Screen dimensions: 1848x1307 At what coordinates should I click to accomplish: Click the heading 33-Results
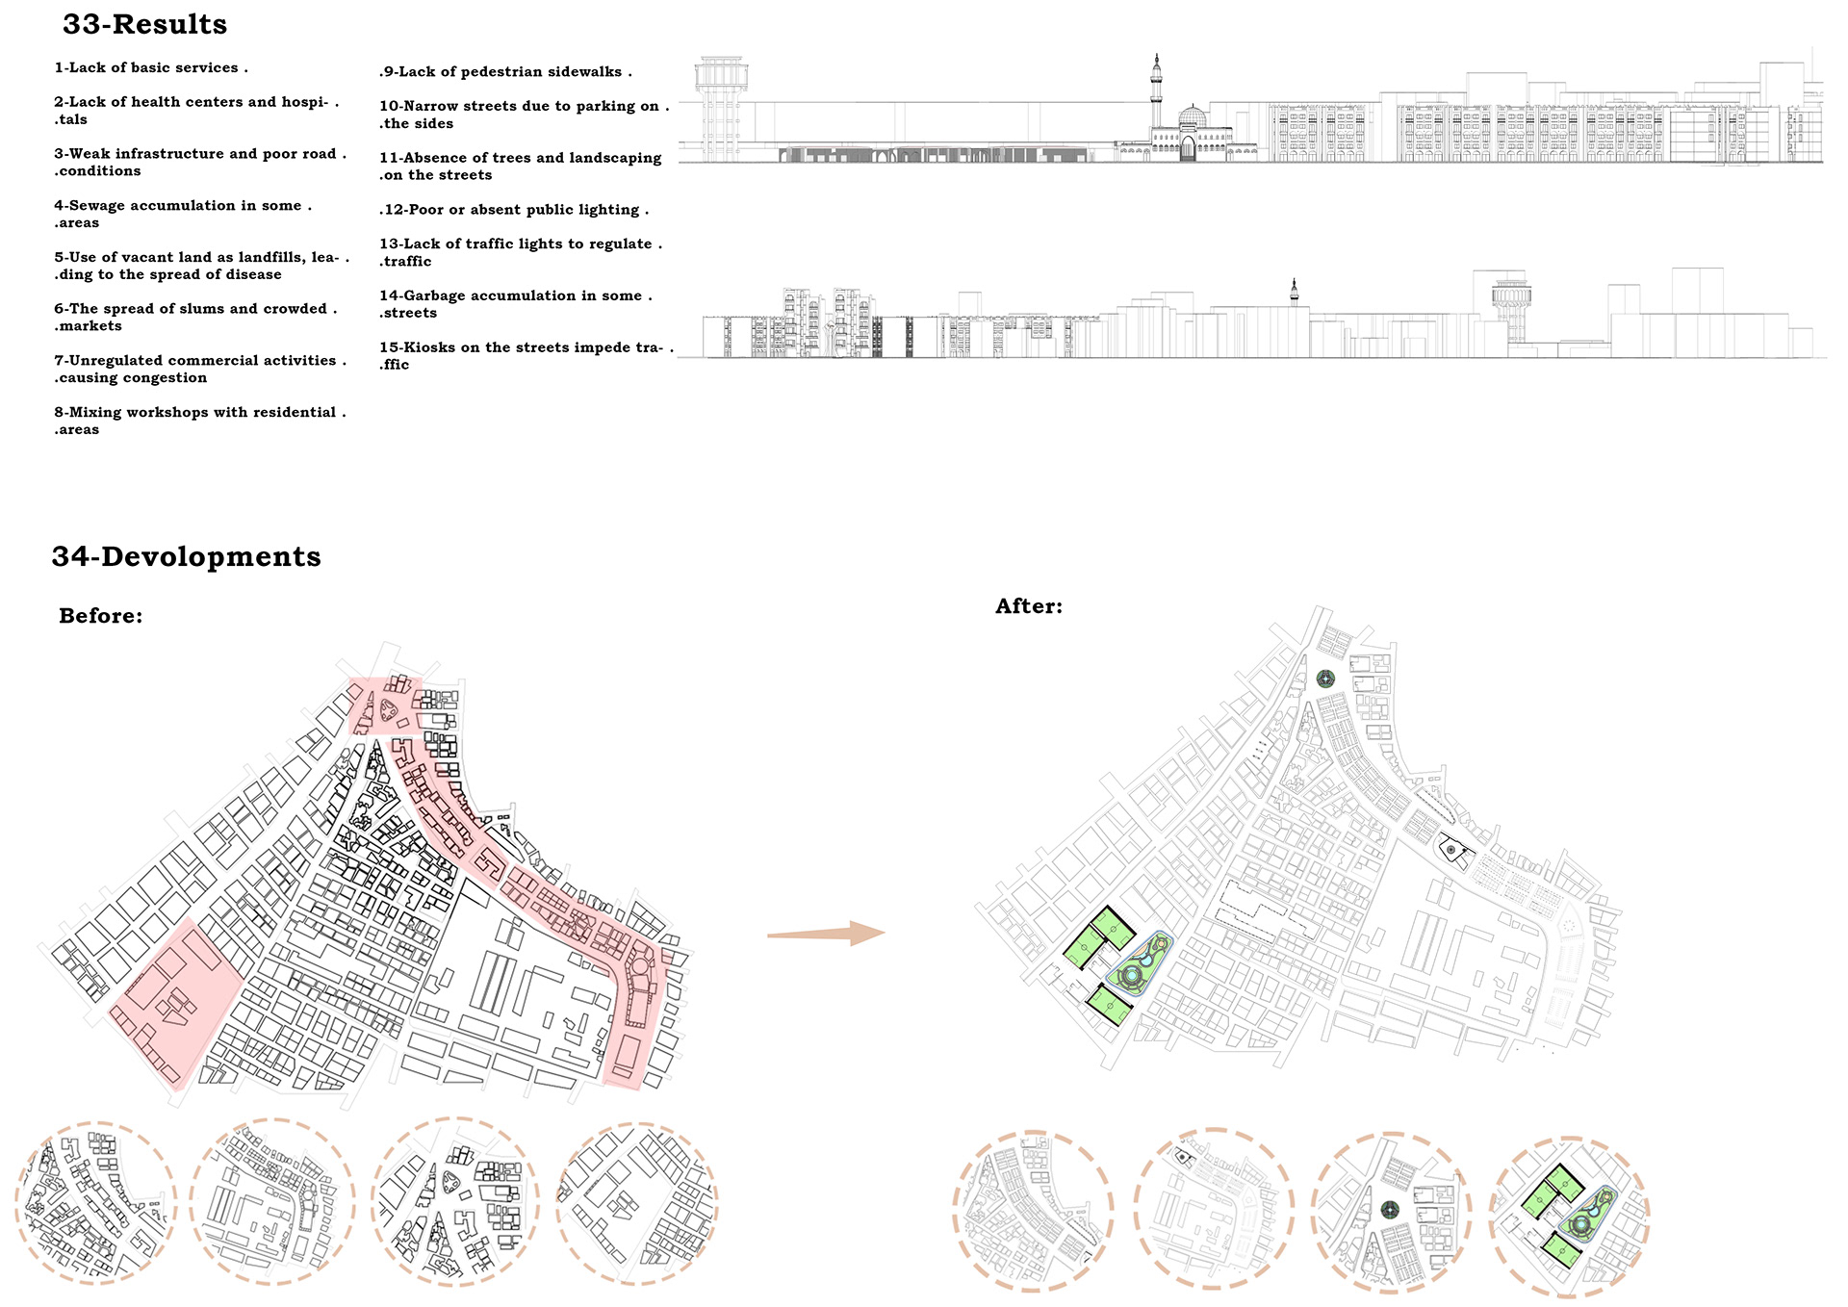click(144, 24)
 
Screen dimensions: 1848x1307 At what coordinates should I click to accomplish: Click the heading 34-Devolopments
click(186, 556)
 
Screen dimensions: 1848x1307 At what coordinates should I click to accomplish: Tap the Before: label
click(100, 616)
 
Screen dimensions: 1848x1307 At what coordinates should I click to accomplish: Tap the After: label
click(1029, 606)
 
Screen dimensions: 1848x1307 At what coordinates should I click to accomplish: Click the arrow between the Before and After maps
click(826, 933)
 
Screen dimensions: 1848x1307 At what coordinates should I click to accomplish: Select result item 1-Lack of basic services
click(151, 68)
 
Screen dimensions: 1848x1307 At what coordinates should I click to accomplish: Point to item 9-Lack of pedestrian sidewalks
click(505, 72)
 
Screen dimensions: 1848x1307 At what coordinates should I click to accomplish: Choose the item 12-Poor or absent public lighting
click(514, 210)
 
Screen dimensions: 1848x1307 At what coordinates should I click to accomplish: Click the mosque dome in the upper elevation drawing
click(1193, 117)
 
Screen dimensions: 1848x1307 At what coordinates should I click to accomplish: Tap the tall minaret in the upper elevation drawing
click(1156, 96)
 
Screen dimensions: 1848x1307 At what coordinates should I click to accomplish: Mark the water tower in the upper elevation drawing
click(720, 106)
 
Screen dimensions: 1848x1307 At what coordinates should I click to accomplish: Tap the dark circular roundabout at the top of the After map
click(1326, 679)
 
